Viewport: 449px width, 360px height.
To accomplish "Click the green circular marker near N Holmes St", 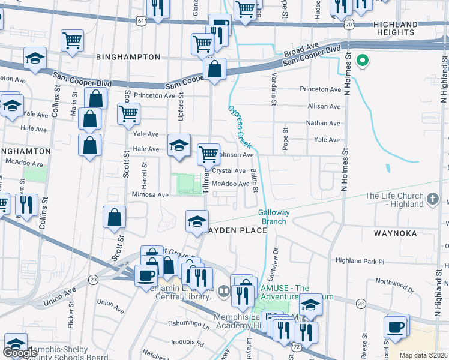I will tap(362, 60).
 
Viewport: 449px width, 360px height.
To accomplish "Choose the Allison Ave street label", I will tap(323, 106).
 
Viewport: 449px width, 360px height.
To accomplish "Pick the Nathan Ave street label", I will tap(323, 123).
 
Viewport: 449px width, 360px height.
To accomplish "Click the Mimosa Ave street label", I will tap(151, 194).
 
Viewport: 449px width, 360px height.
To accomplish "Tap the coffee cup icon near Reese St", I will tap(396, 328).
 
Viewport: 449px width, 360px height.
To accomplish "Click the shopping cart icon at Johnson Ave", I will tap(208, 154).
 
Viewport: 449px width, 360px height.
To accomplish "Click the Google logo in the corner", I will tap(20, 353).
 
